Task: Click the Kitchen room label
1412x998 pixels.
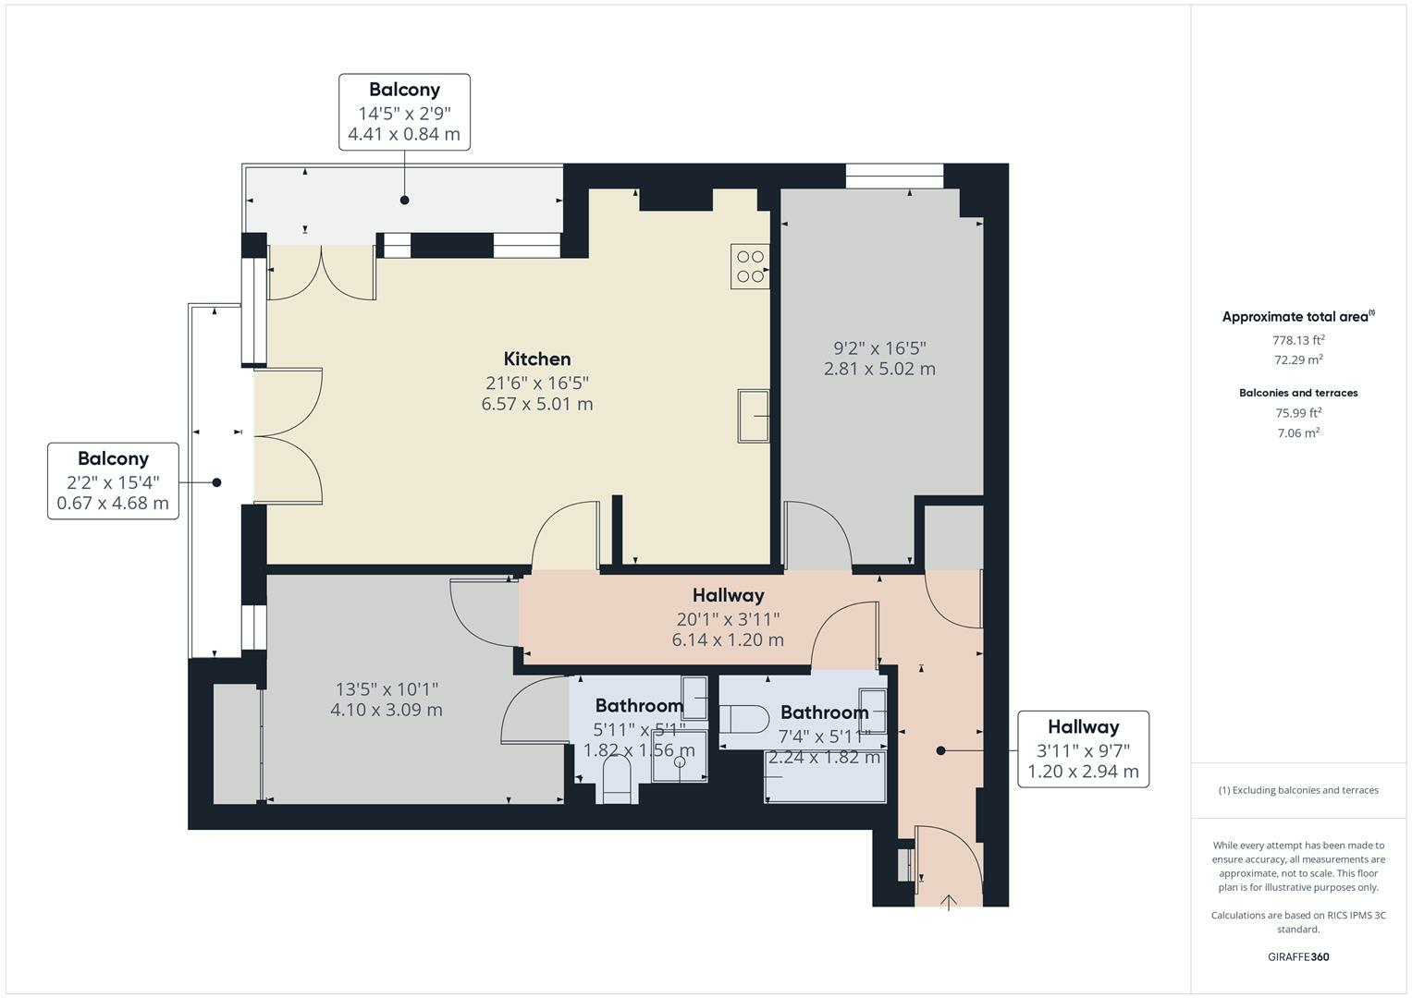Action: point(536,359)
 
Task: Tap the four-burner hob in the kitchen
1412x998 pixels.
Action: point(750,266)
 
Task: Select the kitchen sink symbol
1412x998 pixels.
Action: point(754,416)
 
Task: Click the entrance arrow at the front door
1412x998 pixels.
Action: point(949,902)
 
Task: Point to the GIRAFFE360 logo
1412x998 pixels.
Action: point(1298,956)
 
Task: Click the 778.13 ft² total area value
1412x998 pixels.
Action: point(1298,339)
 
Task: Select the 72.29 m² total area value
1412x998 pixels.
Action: point(1298,359)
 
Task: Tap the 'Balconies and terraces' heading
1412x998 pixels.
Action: point(1298,393)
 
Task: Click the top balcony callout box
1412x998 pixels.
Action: point(404,112)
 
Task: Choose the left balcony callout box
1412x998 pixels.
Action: point(113,481)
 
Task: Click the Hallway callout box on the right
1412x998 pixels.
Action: point(1083,748)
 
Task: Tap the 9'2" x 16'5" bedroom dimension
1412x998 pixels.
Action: point(879,348)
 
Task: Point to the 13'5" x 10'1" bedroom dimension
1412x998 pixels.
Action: point(387,689)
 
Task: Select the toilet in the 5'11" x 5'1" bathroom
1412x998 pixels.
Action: point(616,778)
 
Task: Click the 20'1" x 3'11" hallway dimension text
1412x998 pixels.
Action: point(728,618)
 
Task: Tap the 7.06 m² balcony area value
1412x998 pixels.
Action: point(1298,432)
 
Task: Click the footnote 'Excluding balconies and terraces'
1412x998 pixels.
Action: point(1298,790)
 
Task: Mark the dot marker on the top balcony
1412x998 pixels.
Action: point(404,200)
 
